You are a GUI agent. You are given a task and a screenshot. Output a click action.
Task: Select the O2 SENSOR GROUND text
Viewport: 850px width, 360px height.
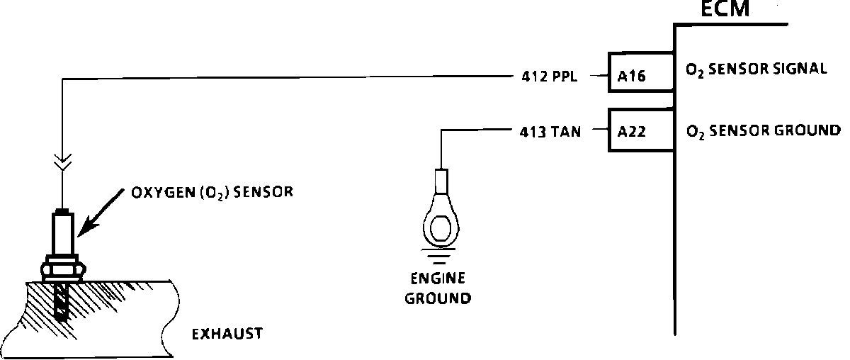click(x=763, y=130)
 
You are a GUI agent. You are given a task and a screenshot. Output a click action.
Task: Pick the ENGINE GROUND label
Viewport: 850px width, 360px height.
click(x=438, y=288)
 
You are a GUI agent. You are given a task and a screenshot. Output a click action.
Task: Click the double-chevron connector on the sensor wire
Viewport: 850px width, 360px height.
click(x=62, y=164)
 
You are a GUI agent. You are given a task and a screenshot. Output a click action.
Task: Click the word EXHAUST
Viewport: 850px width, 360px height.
click(x=227, y=332)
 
